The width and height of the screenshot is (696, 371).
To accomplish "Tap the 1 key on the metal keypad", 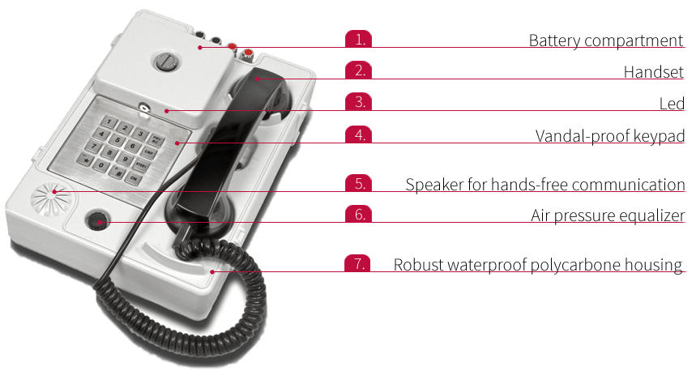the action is [109, 122].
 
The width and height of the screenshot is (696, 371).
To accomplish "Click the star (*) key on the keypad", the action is [84, 159].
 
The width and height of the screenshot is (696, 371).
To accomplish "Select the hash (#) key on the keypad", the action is [117, 172].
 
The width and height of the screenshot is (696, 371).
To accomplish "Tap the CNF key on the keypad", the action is [149, 152].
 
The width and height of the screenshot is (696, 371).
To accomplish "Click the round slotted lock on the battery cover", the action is [166, 62].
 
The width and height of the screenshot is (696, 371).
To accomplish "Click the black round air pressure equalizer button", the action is [96, 221].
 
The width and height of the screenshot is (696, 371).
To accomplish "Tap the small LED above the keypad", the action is [144, 107].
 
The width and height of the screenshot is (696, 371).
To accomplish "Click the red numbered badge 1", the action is [358, 39].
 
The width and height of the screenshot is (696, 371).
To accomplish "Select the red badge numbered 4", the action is [358, 134].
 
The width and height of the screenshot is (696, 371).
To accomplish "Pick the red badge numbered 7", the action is [357, 263].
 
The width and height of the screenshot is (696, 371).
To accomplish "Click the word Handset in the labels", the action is [653, 71].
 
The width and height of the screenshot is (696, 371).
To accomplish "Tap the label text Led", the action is [672, 104].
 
